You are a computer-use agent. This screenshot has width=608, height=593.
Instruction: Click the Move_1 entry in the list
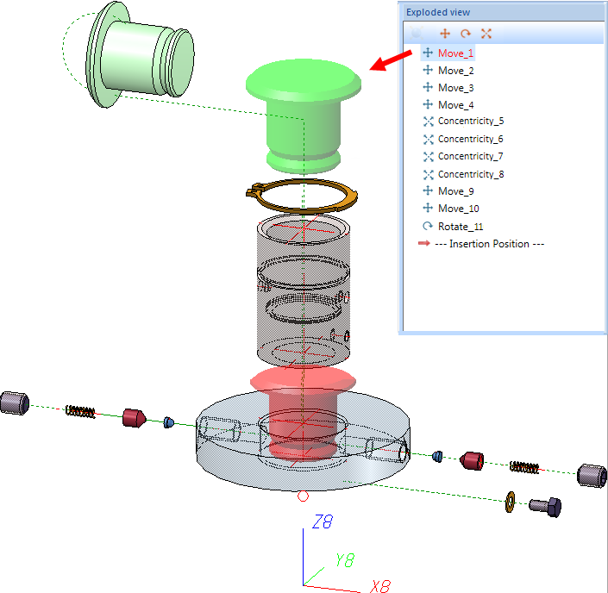pos(455,53)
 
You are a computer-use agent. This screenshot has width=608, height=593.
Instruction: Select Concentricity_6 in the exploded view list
pos(470,139)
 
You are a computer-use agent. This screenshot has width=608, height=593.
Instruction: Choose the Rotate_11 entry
pos(461,227)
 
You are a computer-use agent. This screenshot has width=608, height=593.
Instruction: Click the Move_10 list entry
pos(458,209)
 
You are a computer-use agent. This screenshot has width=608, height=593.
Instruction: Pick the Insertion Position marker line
pos(489,244)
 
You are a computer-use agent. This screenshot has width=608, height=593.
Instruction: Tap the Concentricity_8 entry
pos(471,174)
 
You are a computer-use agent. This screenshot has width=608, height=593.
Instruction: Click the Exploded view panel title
pos(438,12)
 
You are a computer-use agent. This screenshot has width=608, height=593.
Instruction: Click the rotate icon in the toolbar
pos(466,34)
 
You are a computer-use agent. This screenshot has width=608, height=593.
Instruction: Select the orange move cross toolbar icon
pos(445,34)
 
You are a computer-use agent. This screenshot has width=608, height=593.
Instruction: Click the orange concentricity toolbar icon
pos(486,34)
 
